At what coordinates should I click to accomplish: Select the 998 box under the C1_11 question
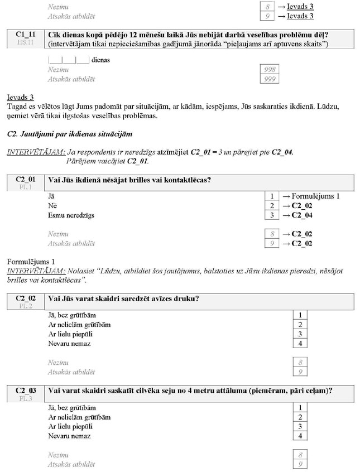pos(270,70)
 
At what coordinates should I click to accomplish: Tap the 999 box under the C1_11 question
pos(270,79)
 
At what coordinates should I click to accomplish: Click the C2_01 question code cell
pos(26,182)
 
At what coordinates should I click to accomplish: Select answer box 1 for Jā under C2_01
pos(271,196)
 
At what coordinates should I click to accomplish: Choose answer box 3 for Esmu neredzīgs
pos(271,215)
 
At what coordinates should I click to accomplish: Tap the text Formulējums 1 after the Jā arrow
pos(315,196)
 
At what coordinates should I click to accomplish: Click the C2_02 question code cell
pos(26,302)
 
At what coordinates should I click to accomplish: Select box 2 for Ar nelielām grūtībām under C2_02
pos(300,325)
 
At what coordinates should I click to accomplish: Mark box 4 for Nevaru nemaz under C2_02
pos(300,344)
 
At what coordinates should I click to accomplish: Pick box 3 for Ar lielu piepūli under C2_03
pos(300,426)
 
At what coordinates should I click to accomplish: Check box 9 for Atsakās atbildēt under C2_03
pos(300,464)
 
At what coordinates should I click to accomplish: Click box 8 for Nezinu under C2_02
pos(300,363)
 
